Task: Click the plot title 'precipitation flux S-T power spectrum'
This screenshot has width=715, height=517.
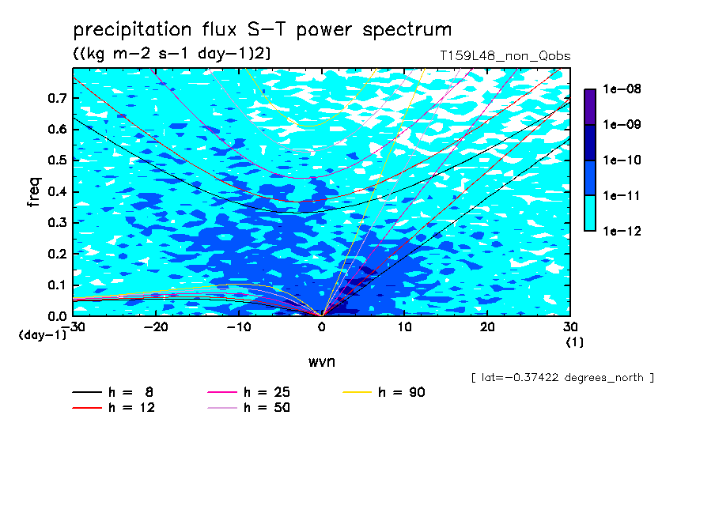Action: (x=263, y=30)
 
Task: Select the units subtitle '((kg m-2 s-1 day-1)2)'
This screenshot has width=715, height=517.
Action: (x=172, y=54)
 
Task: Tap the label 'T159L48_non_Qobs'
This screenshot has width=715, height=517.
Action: (x=505, y=56)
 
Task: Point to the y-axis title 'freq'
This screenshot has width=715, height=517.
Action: (x=34, y=192)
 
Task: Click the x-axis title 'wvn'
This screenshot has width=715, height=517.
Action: (x=322, y=362)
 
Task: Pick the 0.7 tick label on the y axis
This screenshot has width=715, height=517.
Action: (x=57, y=98)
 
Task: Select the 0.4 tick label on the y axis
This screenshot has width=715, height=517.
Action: (x=57, y=191)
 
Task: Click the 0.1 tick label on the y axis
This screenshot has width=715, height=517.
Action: (x=57, y=285)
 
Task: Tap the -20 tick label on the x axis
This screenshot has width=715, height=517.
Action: (x=156, y=327)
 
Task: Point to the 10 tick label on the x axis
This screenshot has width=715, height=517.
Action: (x=404, y=327)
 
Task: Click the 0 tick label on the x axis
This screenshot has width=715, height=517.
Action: (x=322, y=327)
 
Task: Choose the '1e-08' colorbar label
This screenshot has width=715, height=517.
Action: (x=622, y=89)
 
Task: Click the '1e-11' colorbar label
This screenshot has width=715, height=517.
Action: (x=622, y=195)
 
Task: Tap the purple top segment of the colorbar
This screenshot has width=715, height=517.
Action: (x=590, y=107)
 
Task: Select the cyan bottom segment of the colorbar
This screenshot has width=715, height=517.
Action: (x=590, y=213)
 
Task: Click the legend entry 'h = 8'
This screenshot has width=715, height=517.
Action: (x=112, y=392)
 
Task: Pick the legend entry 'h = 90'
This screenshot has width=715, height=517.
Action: (x=384, y=392)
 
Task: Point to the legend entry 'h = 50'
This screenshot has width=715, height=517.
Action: (x=248, y=407)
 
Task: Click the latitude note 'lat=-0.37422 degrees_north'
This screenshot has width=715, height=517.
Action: (x=562, y=378)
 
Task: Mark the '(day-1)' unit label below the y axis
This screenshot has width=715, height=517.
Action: (x=42, y=335)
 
